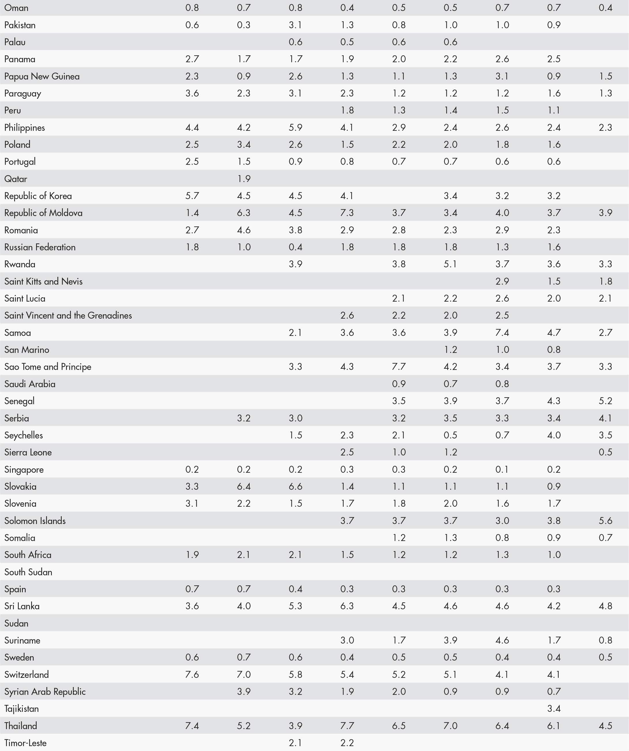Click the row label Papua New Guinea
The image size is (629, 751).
[42, 76]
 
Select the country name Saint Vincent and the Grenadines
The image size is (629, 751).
[68, 315]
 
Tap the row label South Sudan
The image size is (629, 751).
[28, 572]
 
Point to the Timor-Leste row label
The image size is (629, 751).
[25, 743]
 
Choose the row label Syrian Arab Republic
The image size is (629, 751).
[45, 691]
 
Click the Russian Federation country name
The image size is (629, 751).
[40, 247]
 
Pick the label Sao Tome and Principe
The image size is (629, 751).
[48, 366]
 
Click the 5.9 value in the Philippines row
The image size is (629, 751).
[295, 128]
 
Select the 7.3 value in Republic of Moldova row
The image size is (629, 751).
[347, 213]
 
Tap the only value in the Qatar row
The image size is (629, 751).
[244, 179]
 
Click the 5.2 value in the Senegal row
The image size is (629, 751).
[605, 401]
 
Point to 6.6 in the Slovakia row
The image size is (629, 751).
[295, 486]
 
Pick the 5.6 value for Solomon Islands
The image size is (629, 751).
[605, 521]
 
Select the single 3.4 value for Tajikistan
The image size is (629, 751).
[553, 708]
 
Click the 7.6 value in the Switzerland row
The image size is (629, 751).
[192, 674]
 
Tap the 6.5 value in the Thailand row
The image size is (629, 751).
[399, 726]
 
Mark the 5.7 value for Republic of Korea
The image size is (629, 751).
[192, 196]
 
